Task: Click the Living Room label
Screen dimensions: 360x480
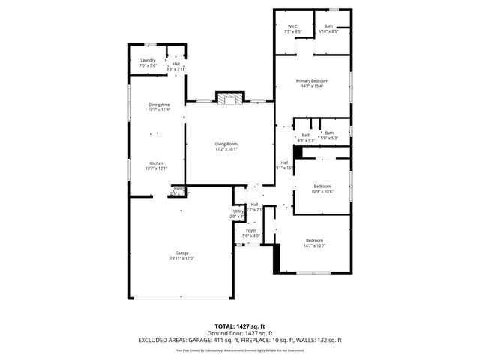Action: tap(226, 143)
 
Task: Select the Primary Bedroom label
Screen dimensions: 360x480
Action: tap(313, 80)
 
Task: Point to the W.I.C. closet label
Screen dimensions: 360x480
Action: tap(292, 28)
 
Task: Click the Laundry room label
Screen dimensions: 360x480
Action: tap(147, 61)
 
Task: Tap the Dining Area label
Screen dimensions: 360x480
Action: tap(159, 104)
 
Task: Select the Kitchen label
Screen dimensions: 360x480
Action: tap(156, 163)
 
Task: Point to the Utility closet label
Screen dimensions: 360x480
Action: tap(238, 212)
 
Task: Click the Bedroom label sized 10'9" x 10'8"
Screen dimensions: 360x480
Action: tap(322, 186)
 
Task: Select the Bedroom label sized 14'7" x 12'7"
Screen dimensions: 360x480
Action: tap(313, 240)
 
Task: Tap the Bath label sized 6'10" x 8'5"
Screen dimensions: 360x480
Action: tap(329, 28)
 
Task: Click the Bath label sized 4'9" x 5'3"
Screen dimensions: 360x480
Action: tap(306, 135)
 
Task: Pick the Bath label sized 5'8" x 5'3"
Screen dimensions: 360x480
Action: tap(329, 133)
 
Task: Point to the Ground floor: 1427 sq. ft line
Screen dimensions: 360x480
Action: tap(239, 334)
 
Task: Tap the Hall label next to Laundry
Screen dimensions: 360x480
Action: tap(175, 64)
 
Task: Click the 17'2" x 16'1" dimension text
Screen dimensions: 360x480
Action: tap(226, 148)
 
